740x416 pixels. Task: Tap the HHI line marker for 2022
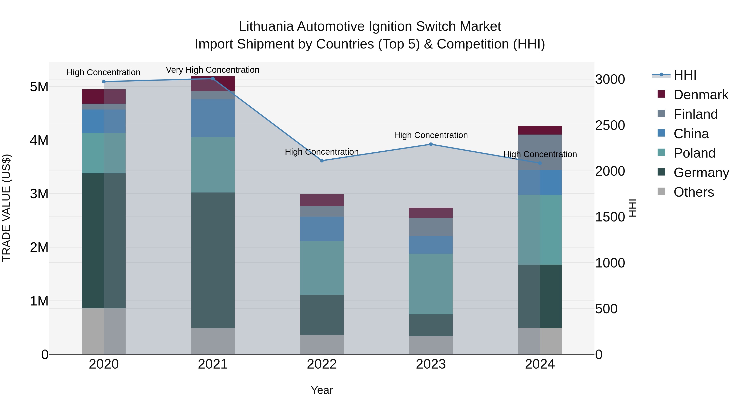click(322, 161)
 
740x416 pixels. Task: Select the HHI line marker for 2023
click(431, 144)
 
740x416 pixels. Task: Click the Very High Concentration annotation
click(213, 70)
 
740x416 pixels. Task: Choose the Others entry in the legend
click(694, 192)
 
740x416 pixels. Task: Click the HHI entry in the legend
click(685, 75)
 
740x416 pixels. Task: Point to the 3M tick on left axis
click(39, 194)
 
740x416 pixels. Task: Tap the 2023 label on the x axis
click(431, 364)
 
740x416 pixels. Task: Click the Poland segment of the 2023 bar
click(431, 284)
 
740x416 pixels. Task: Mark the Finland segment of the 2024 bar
click(540, 152)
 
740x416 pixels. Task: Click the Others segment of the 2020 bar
click(104, 331)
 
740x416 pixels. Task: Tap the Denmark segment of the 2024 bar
click(540, 130)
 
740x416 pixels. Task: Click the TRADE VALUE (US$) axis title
click(6, 208)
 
